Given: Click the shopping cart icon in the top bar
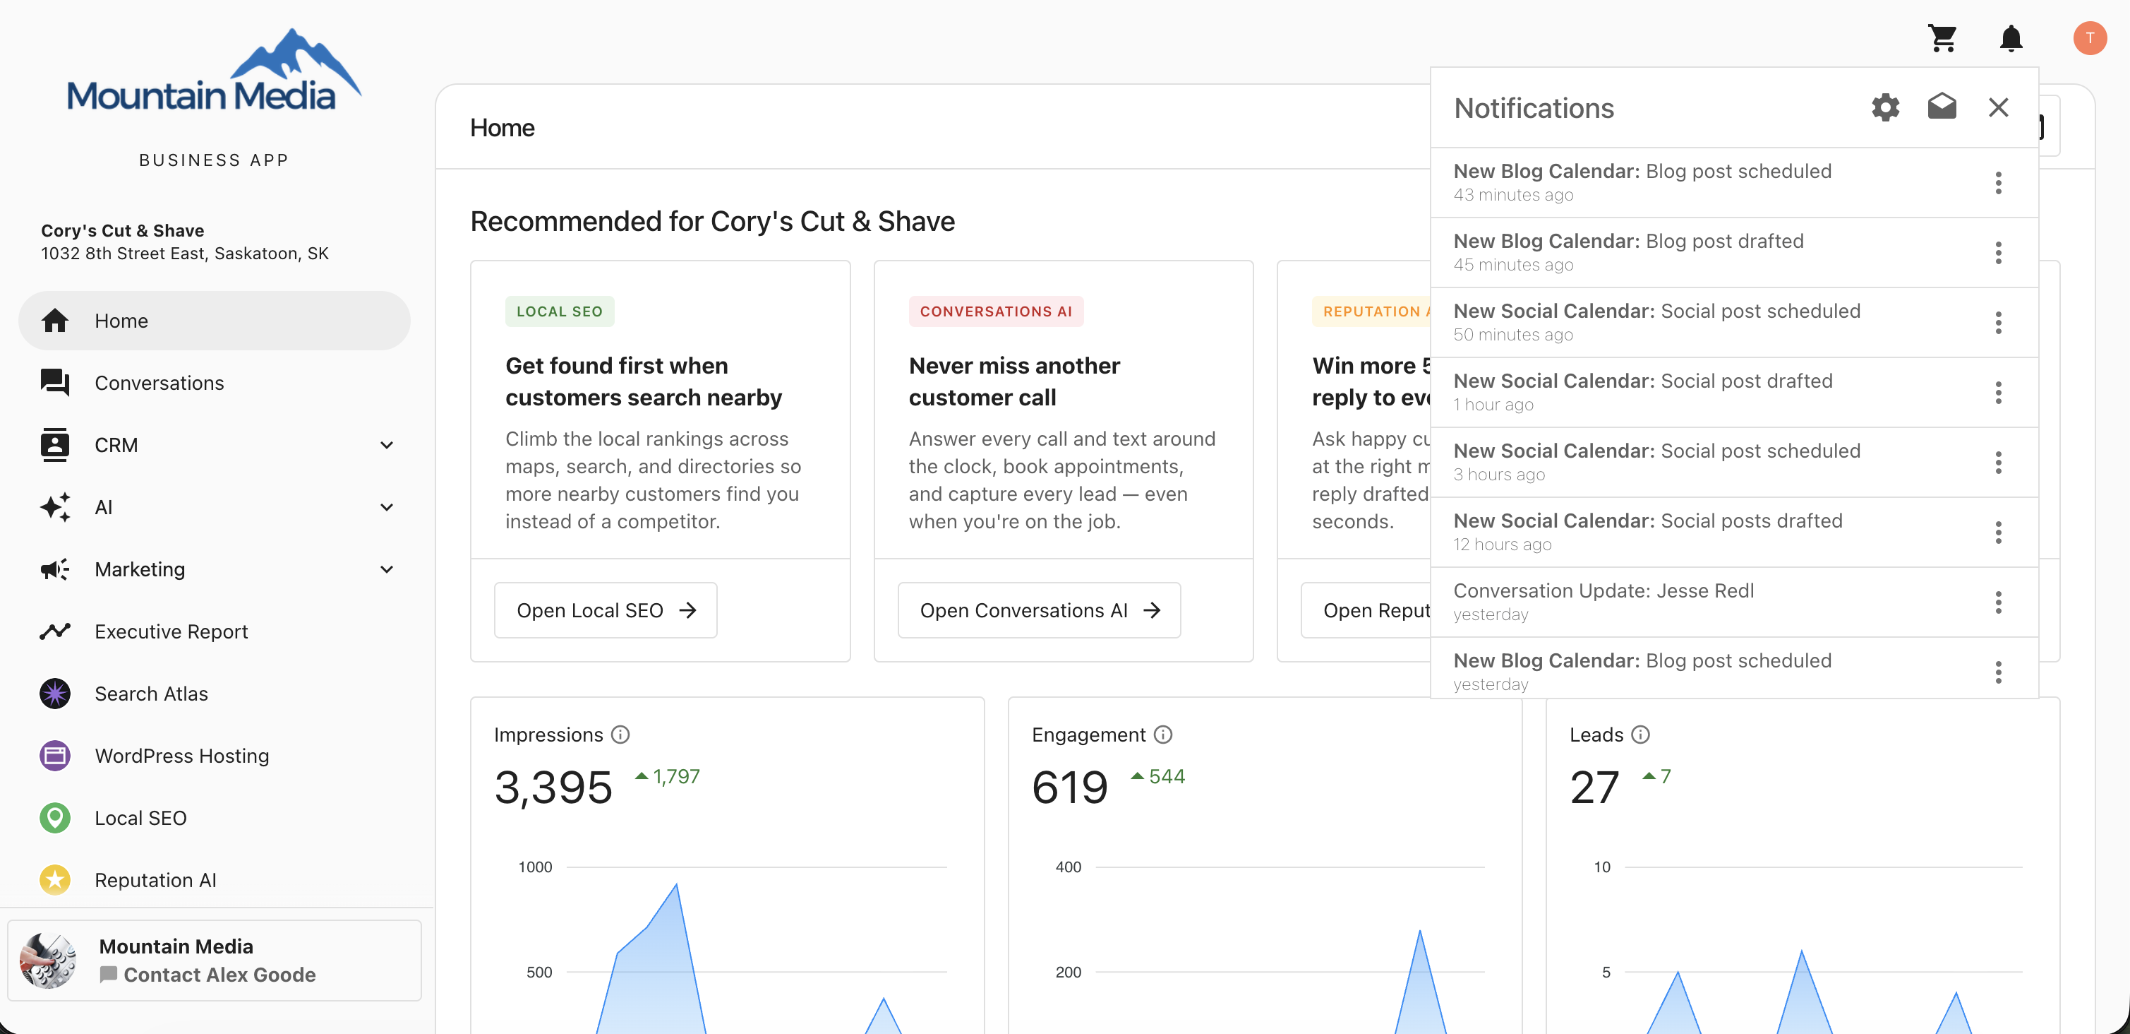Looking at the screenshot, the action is click(1942, 38).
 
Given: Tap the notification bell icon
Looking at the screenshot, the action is click(2011, 38).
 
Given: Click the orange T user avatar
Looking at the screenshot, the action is click(2090, 38).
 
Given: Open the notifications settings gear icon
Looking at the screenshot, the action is click(1885, 107).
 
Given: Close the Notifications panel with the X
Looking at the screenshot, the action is click(1999, 107).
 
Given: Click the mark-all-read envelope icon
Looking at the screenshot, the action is click(1942, 107).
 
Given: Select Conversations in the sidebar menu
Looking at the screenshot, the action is click(159, 383).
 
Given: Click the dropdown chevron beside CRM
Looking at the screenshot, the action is click(387, 445).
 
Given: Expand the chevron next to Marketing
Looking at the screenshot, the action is click(387, 569).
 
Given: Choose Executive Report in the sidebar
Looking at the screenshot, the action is click(172, 632).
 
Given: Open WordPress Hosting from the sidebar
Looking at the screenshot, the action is click(182, 756).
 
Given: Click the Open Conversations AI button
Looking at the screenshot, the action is click(1040, 610).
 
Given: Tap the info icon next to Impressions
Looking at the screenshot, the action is click(620, 735).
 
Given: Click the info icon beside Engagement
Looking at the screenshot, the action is click(1162, 735).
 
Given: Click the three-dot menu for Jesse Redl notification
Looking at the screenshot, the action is click(1999, 602).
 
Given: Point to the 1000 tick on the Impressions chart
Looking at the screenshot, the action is click(535, 867).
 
